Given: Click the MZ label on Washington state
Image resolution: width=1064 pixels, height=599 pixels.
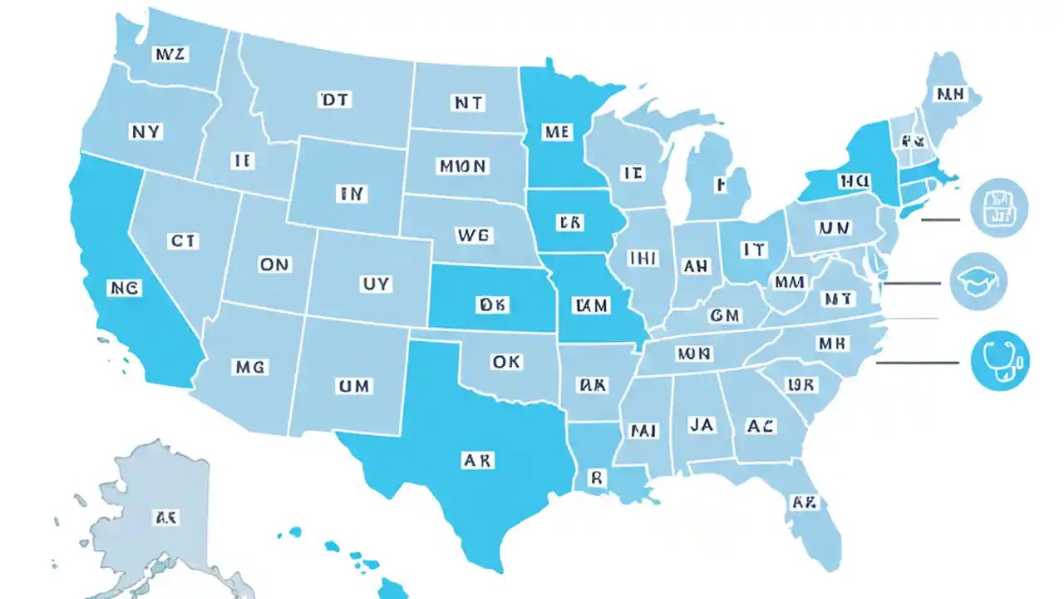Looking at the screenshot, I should tap(172, 55).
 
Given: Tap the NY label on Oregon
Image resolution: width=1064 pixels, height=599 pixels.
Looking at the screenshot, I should tap(147, 131).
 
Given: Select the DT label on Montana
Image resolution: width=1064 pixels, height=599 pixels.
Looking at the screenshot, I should tap(335, 101).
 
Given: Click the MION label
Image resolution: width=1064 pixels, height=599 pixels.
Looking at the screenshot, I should tap(462, 166).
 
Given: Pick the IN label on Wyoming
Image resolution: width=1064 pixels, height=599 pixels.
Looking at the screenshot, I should tap(351, 194).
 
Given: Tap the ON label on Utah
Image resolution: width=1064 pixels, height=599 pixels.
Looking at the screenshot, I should tap(274, 265).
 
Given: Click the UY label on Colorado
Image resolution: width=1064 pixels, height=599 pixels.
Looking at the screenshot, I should tap(374, 284).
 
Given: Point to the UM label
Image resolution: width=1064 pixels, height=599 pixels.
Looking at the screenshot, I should tap(354, 386).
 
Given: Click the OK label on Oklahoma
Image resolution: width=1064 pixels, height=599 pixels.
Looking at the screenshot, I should tap(506, 363).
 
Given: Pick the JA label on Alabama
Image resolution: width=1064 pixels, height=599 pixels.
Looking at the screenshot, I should tap(701, 424).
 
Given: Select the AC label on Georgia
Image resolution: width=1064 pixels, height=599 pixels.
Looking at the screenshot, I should tap(761, 426).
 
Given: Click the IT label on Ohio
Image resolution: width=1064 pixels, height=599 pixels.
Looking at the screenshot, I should tap(753, 249).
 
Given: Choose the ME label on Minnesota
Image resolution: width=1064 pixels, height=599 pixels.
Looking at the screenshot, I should tap(555, 131).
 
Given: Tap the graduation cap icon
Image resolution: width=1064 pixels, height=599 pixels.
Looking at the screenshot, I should tap(978, 281).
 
